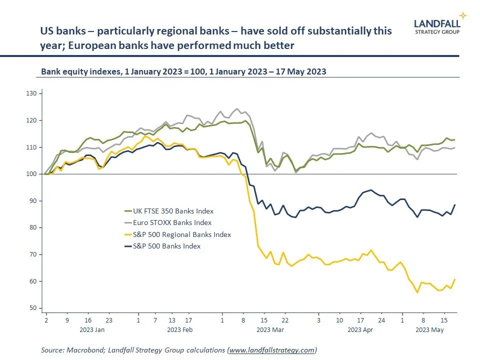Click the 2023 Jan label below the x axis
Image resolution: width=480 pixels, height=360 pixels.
[x=92, y=330]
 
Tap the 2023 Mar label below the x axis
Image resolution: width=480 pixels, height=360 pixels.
[x=269, y=330]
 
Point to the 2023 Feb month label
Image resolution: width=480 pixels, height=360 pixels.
[x=180, y=330]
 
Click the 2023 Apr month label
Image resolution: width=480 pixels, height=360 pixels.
[x=360, y=330]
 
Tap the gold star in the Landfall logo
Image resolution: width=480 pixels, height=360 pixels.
[x=463, y=15]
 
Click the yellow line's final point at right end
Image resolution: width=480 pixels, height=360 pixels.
[x=454, y=279]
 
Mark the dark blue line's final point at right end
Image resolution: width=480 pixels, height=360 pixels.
[x=454, y=204]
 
